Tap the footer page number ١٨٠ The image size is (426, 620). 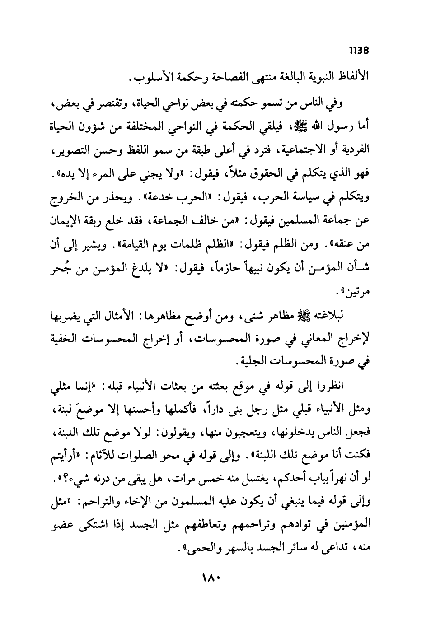(212, 578)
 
